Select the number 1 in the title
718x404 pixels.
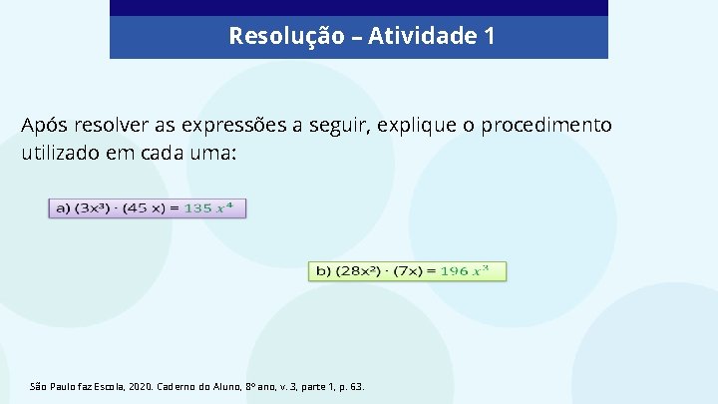tap(488, 37)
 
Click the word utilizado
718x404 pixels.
tap(64, 156)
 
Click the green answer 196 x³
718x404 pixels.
tap(465, 271)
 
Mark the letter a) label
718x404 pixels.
tap(61, 208)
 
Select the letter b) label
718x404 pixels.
tap(324, 271)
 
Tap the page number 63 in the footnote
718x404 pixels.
tap(357, 385)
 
